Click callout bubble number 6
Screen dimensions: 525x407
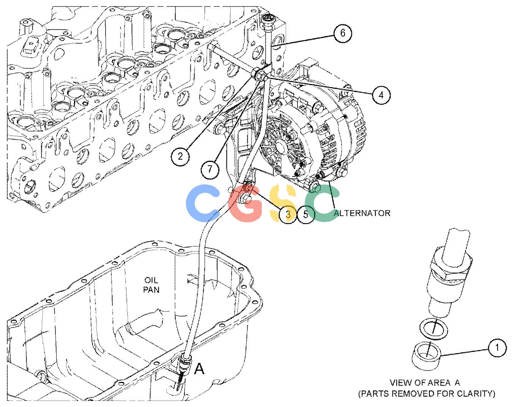click(x=342, y=33)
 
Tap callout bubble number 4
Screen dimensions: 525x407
click(x=381, y=95)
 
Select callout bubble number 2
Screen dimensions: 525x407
click(x=180, y=156)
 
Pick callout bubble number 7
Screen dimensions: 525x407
click(x=210, y=169)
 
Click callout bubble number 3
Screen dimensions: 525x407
click(x=288, y=214)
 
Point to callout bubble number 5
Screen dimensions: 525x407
click(x=306, y=214)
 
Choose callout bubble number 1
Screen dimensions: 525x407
click(x=497, y=348)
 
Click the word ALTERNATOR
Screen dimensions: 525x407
click(x=362, y=213)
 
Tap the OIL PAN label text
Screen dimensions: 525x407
click(x=151, y=285)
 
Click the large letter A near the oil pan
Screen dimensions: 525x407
click(x=199, y=369)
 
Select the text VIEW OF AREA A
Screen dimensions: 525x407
click(x=425, y=383)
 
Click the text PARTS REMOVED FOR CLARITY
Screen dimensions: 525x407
click(x=427, y=394)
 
